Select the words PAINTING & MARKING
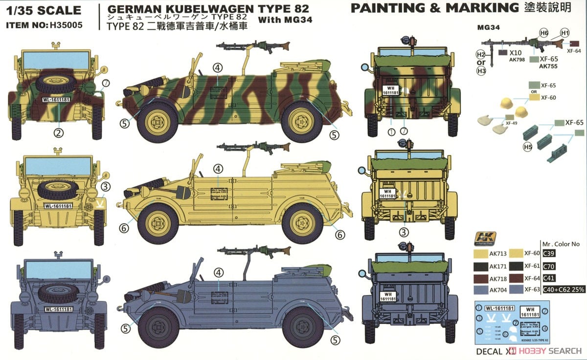(x=434, y=8)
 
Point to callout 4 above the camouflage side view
(x=218, y=68)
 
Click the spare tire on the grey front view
(x=58, y=292)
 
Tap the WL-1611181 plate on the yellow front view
(x=58, y=206)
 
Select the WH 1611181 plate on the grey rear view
(x=387, y=296)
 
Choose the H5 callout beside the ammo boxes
(x=527, y=146)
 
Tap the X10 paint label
(x=515, y=51)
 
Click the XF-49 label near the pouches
(x=512, y=123)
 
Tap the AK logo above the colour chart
(x=485, y=238)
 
